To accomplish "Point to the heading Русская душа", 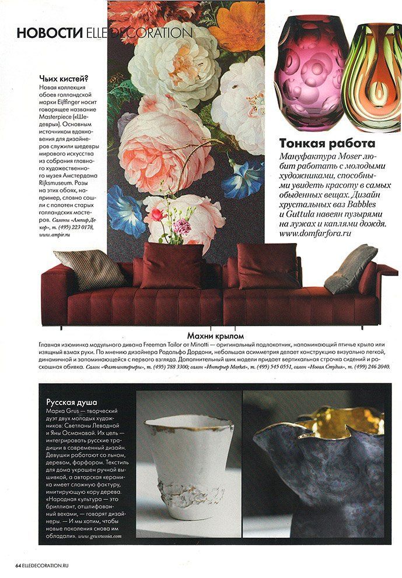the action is click(71, 402).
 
